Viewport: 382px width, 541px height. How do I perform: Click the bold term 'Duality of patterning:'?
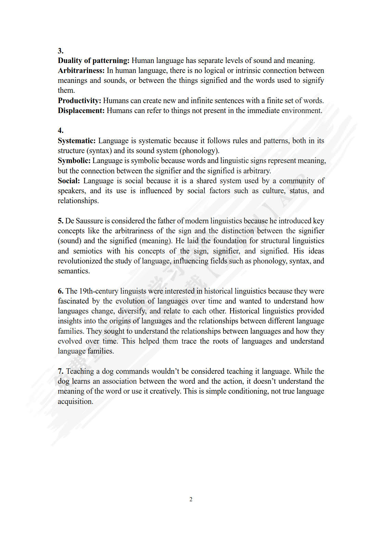coord(93,61)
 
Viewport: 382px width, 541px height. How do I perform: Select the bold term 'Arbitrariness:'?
coord(81,71)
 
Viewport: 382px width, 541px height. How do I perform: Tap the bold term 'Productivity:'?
coord(79,101)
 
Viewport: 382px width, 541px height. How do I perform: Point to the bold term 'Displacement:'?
coord(81,111)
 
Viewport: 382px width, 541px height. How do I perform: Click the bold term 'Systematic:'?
coord(77,141)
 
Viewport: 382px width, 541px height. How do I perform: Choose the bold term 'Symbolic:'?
coord(74,161)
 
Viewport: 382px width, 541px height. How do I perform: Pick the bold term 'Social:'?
coord(69,181)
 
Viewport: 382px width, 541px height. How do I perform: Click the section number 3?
coord(61,51)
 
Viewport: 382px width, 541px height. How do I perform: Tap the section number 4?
coord(61,131)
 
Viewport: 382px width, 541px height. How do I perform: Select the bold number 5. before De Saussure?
coord(61,221)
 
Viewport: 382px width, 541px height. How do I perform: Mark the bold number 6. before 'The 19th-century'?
coord(61,291)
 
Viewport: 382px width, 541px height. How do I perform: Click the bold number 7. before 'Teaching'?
coord(61,371)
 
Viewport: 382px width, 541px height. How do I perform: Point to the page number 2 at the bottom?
coord(191,500)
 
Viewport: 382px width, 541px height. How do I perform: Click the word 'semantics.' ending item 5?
coord(74,271)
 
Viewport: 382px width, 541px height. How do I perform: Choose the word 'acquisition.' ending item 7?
coord(75,402)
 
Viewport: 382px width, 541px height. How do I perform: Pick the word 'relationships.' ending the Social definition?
coord(78,201)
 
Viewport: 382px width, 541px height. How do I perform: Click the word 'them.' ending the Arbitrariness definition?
coord(66,90)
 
